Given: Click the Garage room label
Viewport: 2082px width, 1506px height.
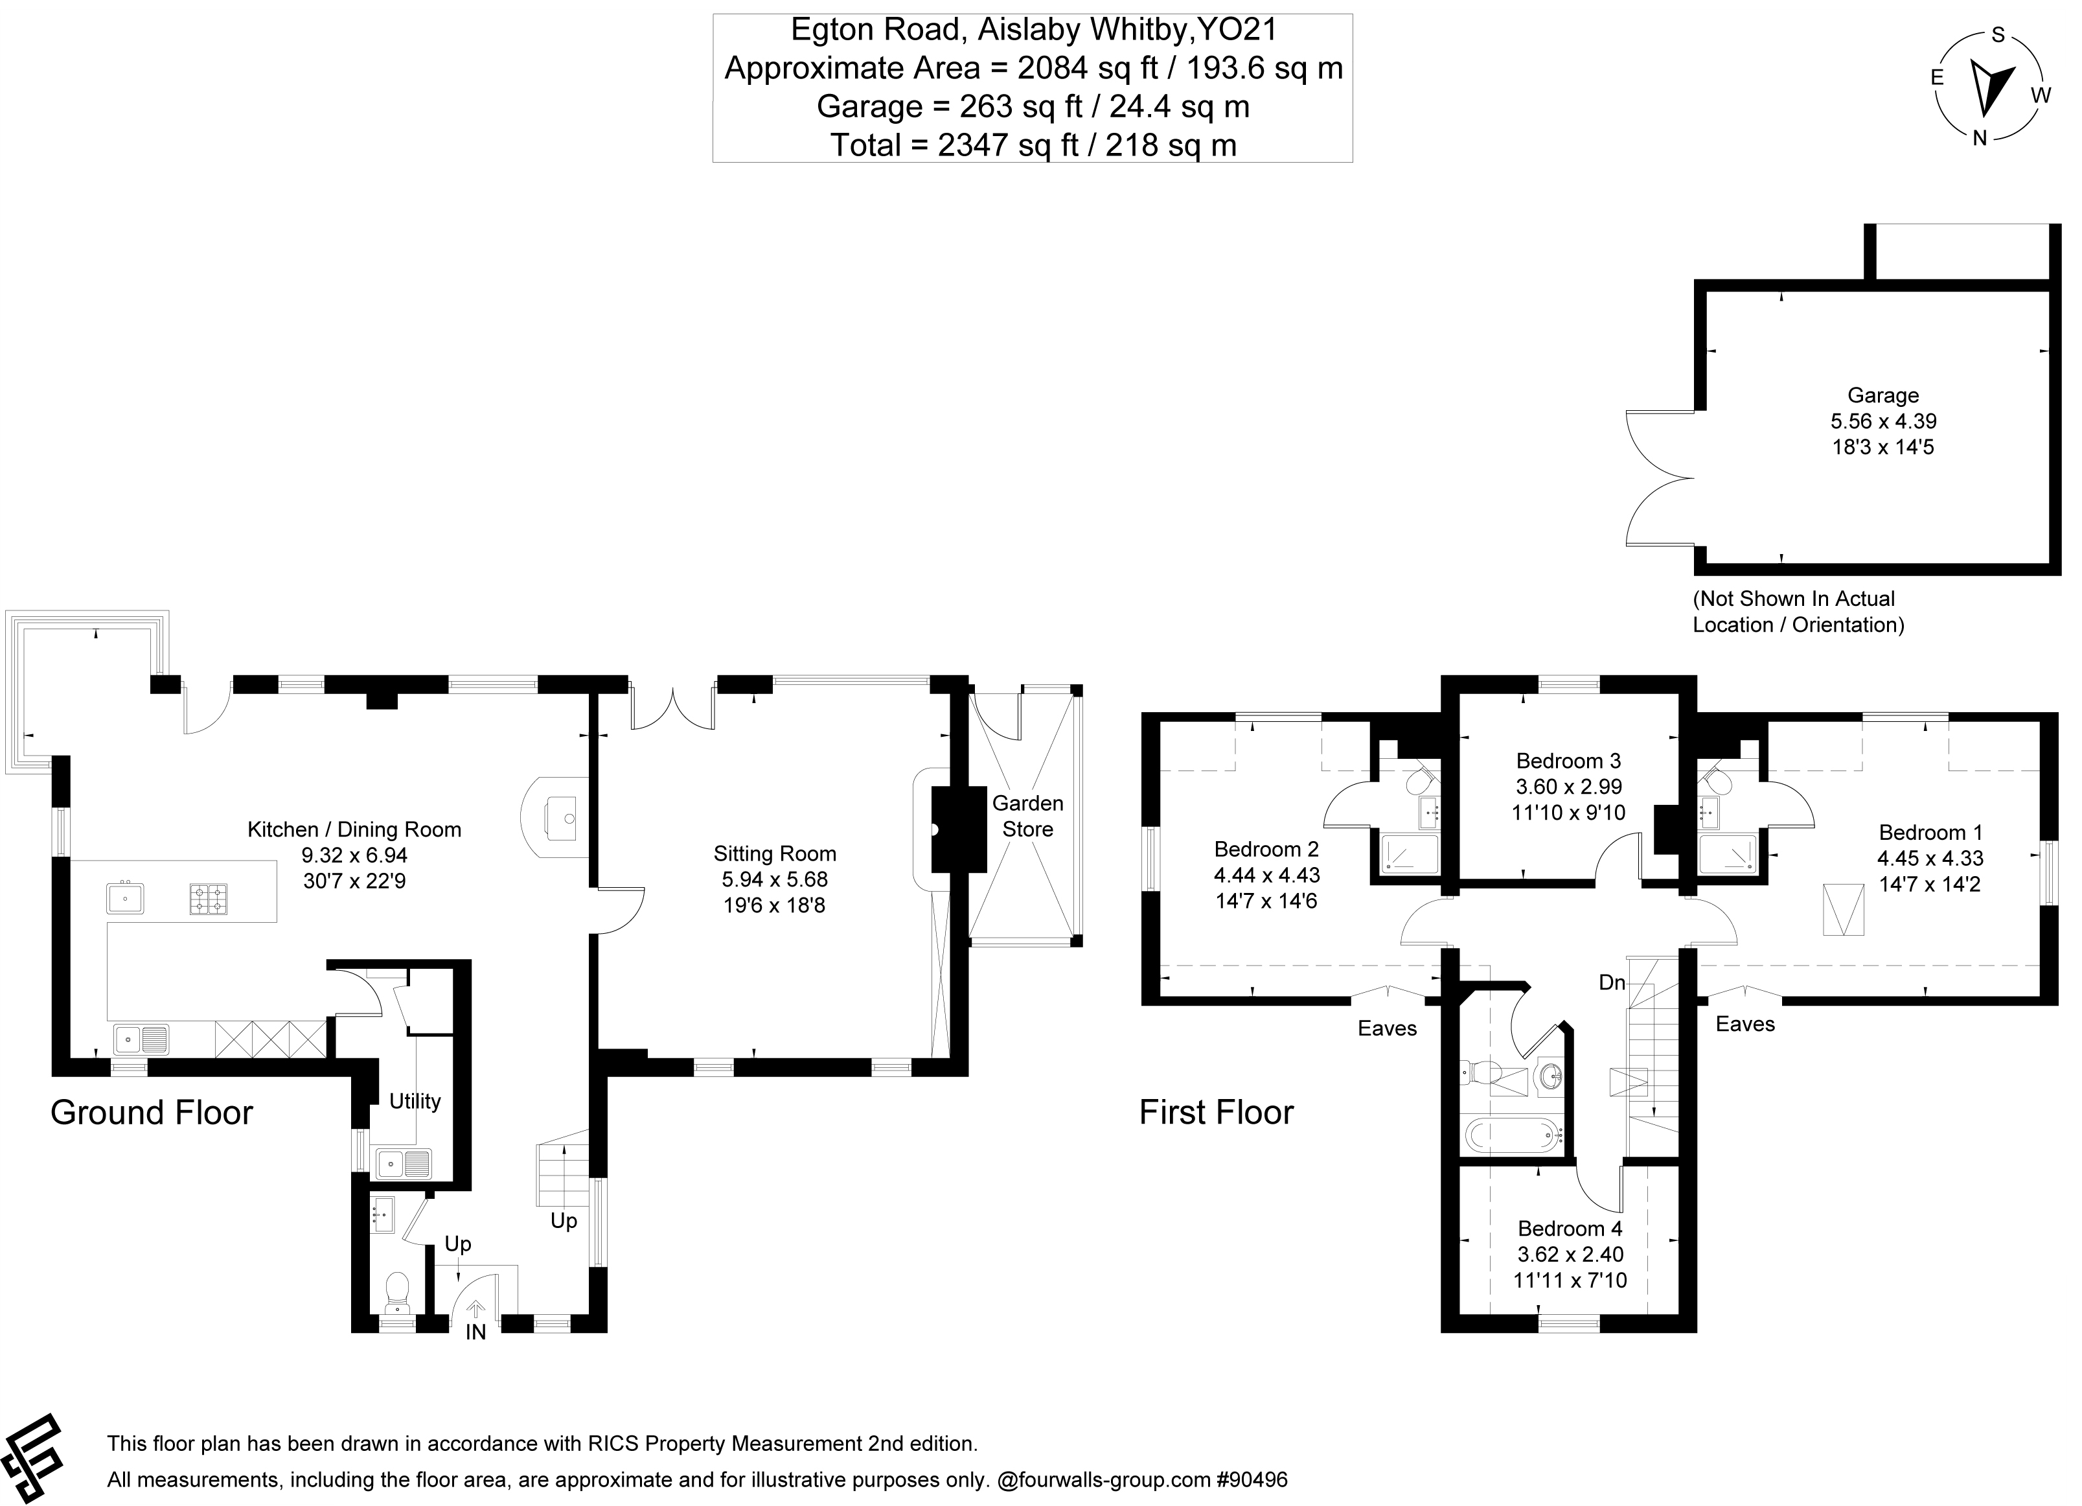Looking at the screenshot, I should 1882,396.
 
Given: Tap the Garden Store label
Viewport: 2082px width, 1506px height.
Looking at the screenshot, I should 1027,817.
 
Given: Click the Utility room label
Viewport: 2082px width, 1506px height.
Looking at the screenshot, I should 415,1101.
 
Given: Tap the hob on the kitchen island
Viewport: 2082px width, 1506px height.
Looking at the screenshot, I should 209,899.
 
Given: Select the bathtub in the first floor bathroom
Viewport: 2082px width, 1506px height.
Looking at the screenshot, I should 1511,1136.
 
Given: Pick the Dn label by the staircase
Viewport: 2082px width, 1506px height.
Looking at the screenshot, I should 1612,982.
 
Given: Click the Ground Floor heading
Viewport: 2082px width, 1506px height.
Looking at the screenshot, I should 152,1113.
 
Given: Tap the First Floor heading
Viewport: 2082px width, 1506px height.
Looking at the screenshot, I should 1217,1113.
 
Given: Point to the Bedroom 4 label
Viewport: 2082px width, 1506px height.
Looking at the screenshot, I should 1570,1229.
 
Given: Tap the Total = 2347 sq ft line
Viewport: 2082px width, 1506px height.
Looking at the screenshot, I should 1033,145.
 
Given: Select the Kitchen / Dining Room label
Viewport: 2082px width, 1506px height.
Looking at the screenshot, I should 354,830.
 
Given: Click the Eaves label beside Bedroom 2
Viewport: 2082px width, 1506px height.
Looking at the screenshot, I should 1387,1028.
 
